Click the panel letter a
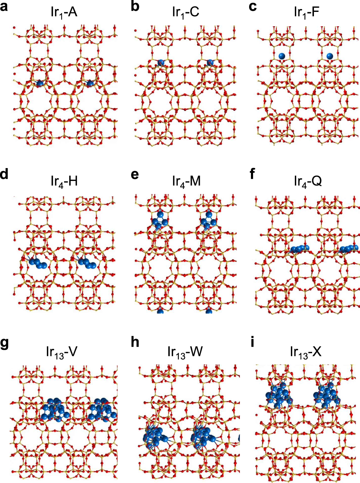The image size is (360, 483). (5, 7)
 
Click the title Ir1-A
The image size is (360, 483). (64, 12)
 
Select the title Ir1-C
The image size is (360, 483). (185, 12)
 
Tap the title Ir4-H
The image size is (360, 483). (64, 181)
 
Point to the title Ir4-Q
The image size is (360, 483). (307, 181)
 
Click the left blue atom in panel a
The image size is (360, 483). (39, 83)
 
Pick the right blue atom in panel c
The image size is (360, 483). (330, 56)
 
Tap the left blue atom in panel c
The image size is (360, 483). (282, 56)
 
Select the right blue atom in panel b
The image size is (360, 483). (210, 63)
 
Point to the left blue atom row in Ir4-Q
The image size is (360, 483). (300, 249)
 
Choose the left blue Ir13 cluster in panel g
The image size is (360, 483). (54, 410)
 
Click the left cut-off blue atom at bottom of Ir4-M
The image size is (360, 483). (160, 311)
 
